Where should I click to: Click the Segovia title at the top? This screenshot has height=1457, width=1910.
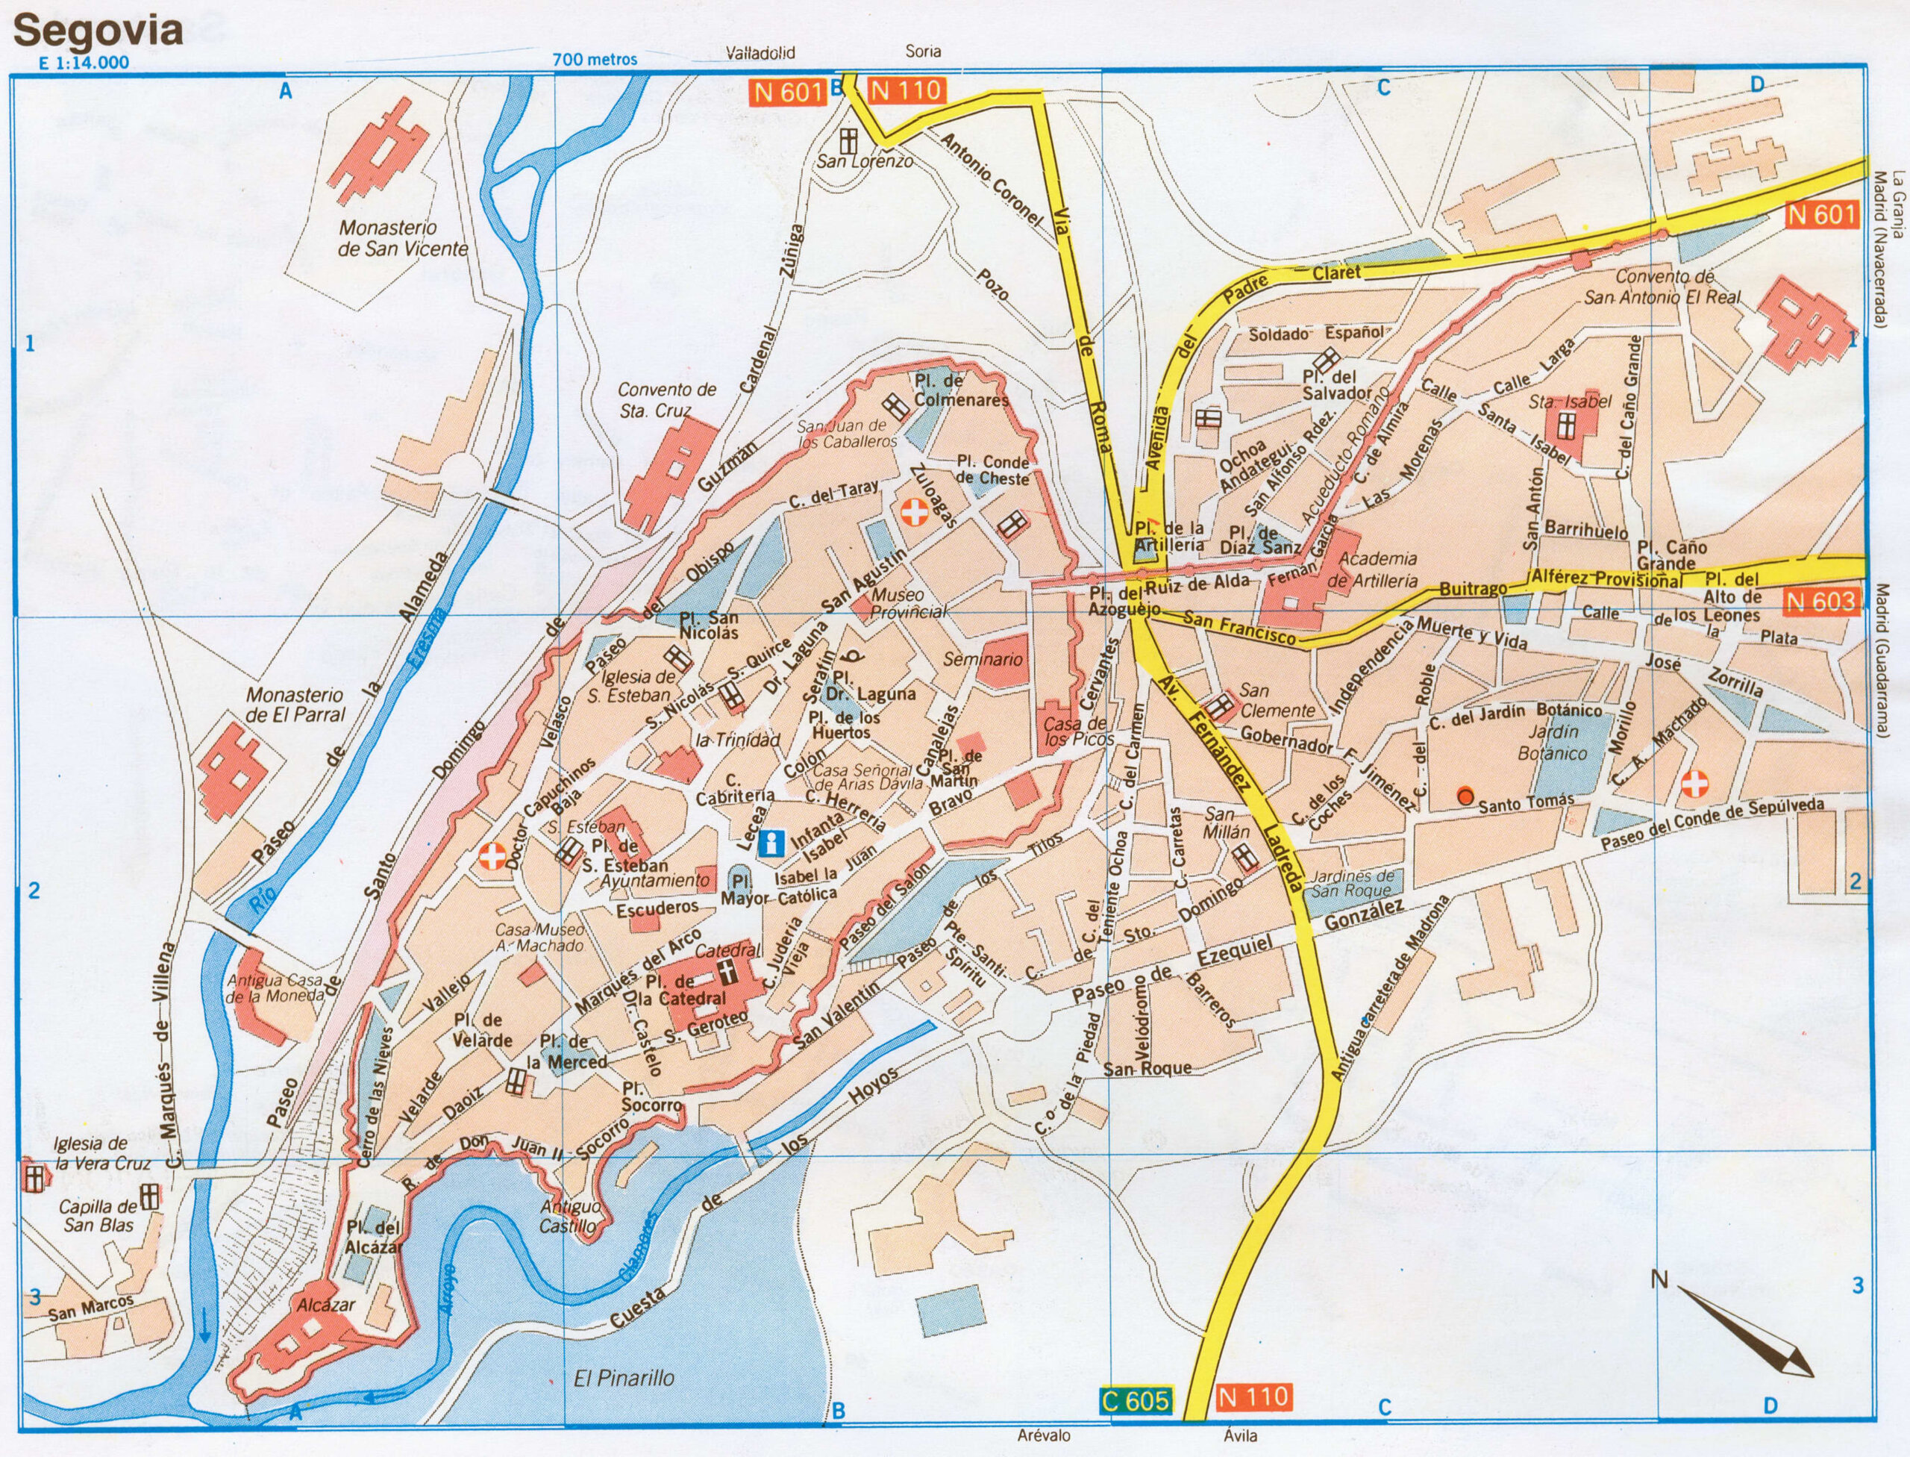pos(97,31)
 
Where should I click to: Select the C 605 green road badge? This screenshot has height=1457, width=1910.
pos(1135,1400)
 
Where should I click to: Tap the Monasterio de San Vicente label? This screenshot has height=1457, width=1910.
pos(402,239)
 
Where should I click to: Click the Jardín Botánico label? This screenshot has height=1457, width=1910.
pos(1552,743)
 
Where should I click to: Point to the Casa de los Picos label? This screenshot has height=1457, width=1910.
pos(1075,731)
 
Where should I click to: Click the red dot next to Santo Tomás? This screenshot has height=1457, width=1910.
pos(1465,795)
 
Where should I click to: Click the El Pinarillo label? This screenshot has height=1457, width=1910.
pos(624,1377)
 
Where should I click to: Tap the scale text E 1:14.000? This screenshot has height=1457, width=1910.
pos(84,63)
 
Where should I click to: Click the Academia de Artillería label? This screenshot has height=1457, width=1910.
pos(1377,570)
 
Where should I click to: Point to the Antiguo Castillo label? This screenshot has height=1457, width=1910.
pos(569,1217)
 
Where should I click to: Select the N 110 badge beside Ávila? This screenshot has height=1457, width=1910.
pos(1253,1397)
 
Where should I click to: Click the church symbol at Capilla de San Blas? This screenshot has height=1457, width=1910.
pos(150,1197)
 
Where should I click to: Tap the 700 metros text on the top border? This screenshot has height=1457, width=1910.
pos(595,59)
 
